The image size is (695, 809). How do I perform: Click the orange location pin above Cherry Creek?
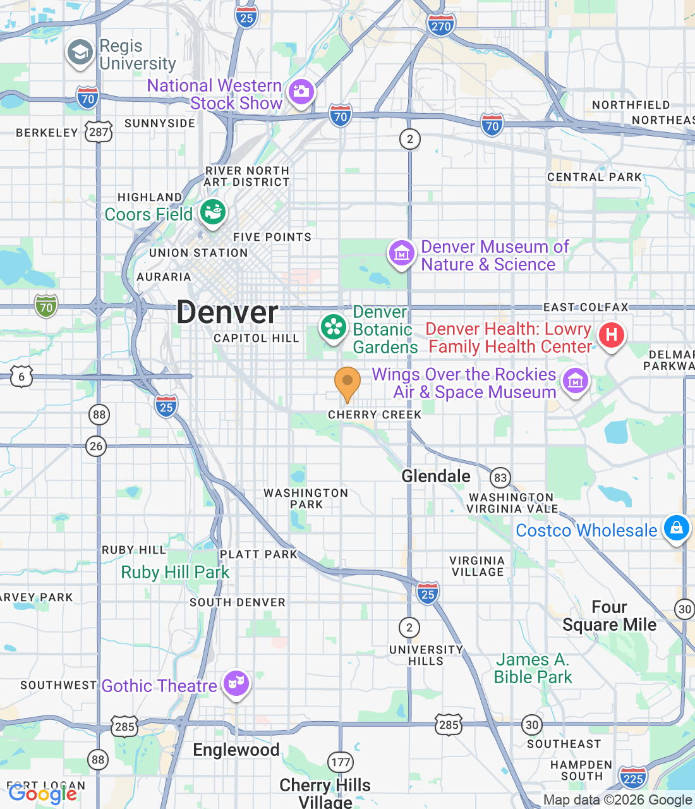(x=347, y=382)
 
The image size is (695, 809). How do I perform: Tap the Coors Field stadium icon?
(x=213, y=213)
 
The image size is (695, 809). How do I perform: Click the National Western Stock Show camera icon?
(x=301, y=92)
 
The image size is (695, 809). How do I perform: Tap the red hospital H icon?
(x=611, y=334)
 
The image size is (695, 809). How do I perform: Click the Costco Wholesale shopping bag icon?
(x=676, y=528)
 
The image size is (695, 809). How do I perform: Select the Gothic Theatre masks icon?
(x=236, y=683)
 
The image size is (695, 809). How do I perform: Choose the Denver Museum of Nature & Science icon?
(x=401, y=253)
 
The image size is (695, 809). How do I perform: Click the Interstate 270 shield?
(x=440, y=26)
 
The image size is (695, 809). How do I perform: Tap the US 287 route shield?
(x=99, y=132)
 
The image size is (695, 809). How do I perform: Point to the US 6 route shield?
(x=21, y=377)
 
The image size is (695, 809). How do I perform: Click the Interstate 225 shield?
(x=632, y=779)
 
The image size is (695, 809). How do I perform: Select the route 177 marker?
(x=341, y=762)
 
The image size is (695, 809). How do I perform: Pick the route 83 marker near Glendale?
(x=500, y=478)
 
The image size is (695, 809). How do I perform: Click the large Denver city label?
(x=227, y=312)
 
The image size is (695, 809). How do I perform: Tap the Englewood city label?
(x=236, y=750)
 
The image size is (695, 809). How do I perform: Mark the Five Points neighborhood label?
(x=272, y=237)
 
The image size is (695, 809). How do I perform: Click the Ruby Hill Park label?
(x=175, y=573)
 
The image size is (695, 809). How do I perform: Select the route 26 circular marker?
(x=96, y=446)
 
